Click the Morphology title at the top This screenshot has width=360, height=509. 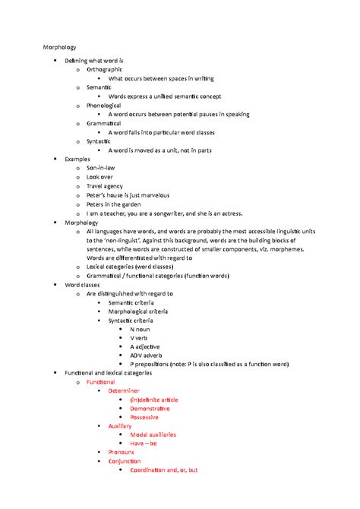59,48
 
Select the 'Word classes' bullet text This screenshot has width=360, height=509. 82,283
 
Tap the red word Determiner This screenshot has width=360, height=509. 124,390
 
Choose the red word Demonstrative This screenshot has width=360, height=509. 155,408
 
